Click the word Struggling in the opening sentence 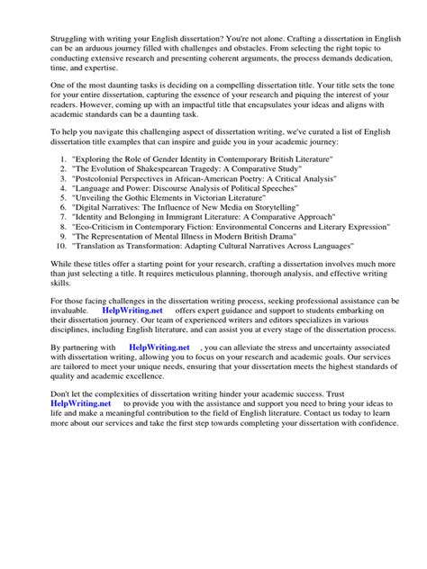(51, 14)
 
